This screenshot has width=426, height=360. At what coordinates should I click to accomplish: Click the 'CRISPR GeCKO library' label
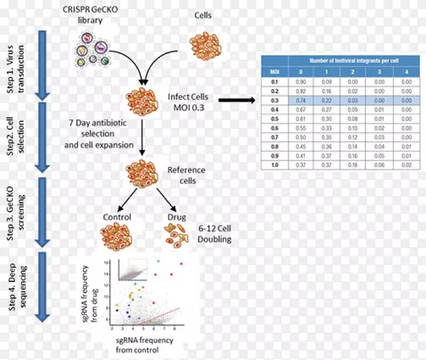[90, 16]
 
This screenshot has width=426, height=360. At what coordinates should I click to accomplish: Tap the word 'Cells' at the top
[203, 15]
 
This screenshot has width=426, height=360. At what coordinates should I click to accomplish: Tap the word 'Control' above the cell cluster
[117, 217]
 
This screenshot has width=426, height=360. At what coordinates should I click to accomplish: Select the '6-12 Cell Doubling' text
[210, 234]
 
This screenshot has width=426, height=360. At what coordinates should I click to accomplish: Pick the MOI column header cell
[274, 72]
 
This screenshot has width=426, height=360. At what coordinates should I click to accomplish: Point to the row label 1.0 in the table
[274, 164]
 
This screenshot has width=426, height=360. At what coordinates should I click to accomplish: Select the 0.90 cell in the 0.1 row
[300, 81]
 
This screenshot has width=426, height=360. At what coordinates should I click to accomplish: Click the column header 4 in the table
[405, 72]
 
